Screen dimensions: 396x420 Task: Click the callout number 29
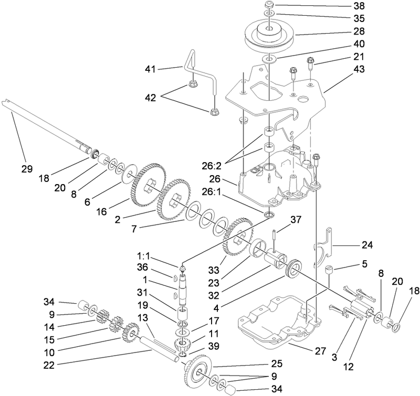(x=27, y=169)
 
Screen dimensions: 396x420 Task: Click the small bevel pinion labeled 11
(x=181, y=347)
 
